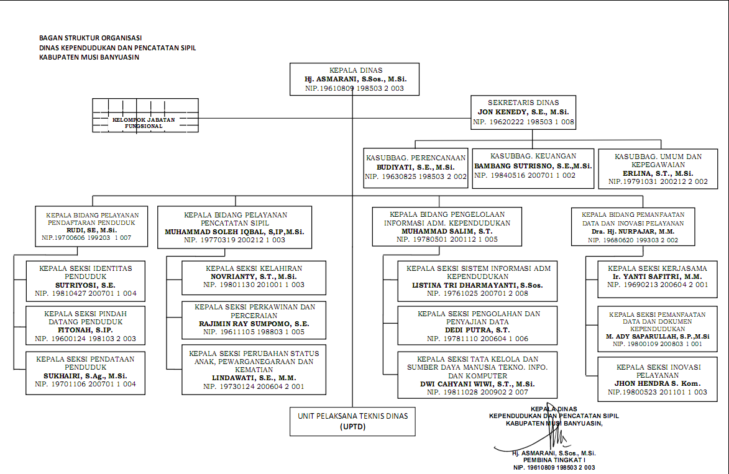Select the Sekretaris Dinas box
[523, 112]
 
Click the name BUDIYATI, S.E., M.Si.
[416, 168]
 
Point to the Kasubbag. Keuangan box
[533, 166]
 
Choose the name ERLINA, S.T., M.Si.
[658, 173]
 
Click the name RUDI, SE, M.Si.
[93, 230]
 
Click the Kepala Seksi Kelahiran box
[254, 276]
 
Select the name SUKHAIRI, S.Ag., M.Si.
[85, 376]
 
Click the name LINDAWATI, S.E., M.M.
[254, 378]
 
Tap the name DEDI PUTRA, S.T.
[478, 330]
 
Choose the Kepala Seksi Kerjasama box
[657, 276]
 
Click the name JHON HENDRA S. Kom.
[657, 384]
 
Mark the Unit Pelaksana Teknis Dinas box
[352, 421]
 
